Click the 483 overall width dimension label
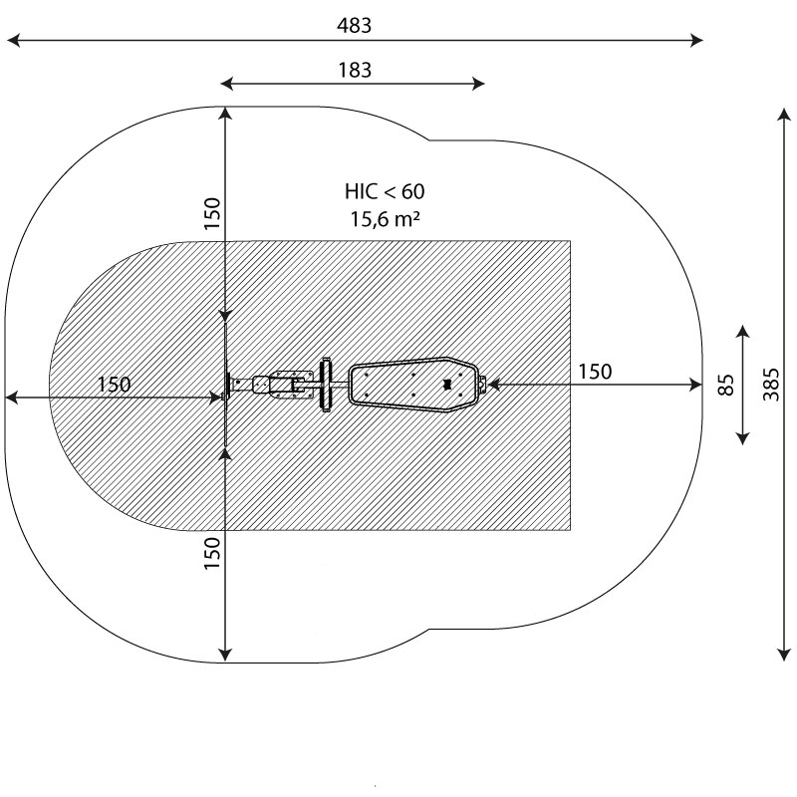tap(355, 26)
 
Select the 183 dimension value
tap(355, 70)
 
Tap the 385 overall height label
tap(770, 385)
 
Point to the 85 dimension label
tap(726, 385)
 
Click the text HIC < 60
tap(385, 191)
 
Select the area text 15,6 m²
tap(385, 219)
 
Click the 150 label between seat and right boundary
tap(595, 372)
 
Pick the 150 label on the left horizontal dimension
tap(114, 385)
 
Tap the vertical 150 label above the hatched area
tap(212, 213)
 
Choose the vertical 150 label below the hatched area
tap(212, 553)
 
